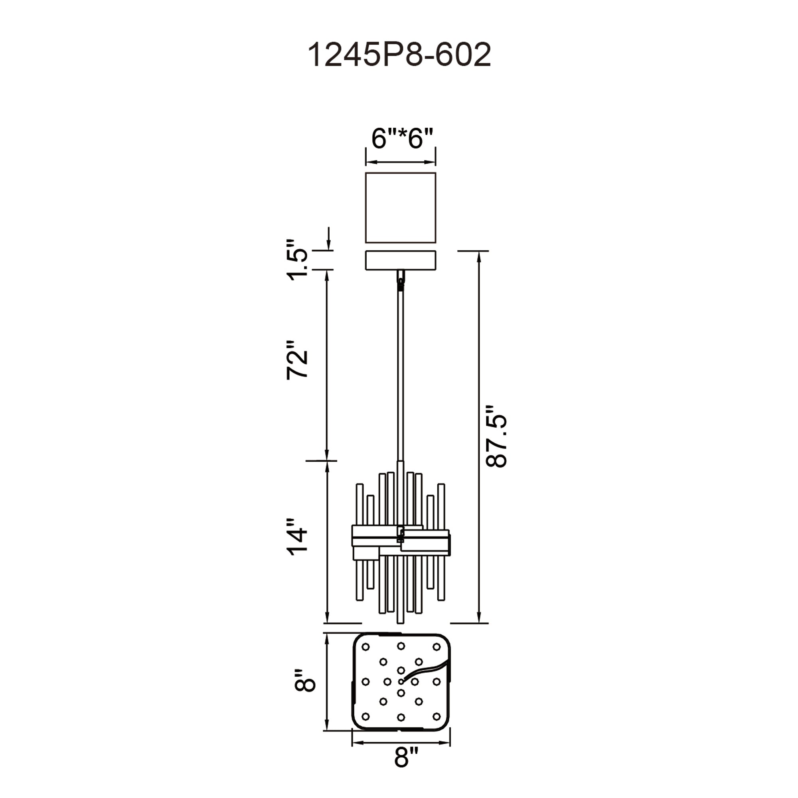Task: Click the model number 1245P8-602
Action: coord(399,55)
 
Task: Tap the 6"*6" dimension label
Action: coord(402,138)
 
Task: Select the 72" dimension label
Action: coord(297,360)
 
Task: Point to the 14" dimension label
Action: coord(297,537)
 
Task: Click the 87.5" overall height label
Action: coord(496,437)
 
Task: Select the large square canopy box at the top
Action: coord(400,207)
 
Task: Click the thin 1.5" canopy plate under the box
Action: coord(400,260)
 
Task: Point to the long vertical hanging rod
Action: coord(400,372)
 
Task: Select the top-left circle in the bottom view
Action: coord(365,647)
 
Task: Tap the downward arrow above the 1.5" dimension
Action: coord(329,239)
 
